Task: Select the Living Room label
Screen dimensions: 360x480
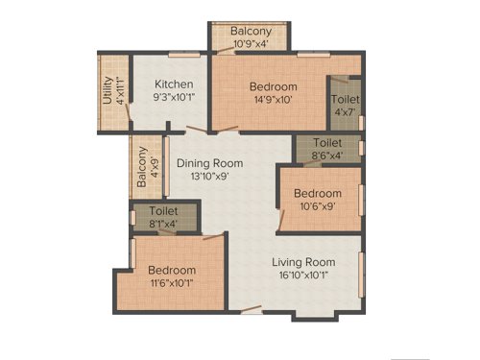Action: point(302,262)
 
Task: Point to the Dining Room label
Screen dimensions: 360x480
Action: point(209,163)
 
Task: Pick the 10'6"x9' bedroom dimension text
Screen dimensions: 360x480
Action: point(318,204)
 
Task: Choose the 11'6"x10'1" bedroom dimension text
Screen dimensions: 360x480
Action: point(173,283)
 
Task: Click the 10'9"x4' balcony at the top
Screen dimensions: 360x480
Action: point(251,37)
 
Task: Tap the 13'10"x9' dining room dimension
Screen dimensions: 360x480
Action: point(209,176)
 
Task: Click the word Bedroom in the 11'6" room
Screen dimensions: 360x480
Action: point(173,271)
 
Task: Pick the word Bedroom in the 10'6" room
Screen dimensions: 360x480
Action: point(318,192)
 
